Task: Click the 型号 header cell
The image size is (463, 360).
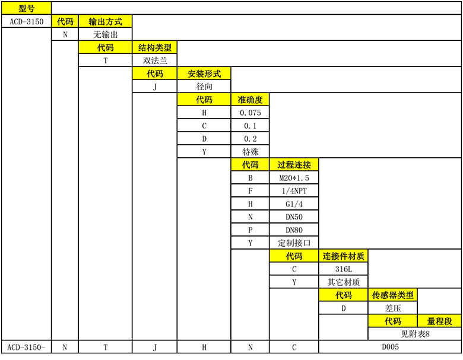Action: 26,8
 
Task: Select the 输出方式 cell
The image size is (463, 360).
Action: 105,21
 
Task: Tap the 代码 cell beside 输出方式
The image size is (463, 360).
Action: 65,21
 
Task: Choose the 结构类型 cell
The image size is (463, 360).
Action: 154,47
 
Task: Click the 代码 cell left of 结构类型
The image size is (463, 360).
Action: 105,47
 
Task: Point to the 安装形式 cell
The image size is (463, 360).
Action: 204,74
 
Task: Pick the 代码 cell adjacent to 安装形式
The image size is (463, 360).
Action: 154,74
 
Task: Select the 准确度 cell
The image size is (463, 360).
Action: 250,100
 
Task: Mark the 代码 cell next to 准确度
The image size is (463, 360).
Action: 204,100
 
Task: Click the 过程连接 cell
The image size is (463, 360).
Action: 294,165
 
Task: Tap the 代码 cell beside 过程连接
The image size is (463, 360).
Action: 250,165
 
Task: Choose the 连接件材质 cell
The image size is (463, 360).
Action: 343,256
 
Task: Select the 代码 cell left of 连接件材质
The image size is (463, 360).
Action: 294,256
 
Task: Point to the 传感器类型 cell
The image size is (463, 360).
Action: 392,295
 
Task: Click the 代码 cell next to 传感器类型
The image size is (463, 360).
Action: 343,295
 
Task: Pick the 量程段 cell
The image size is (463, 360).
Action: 439,321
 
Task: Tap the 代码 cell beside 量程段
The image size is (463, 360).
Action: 392,321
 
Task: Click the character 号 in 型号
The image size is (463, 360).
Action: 31,8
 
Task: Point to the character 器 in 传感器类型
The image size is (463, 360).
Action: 392,295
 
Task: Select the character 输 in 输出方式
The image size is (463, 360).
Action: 93,21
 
